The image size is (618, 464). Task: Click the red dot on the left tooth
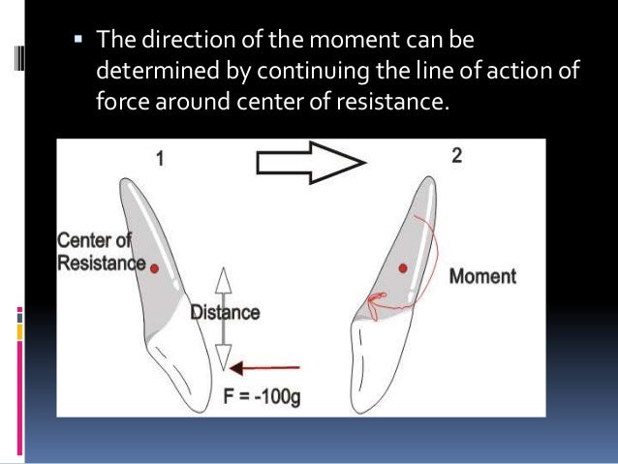point(154,266)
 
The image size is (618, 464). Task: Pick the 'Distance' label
point(225,312)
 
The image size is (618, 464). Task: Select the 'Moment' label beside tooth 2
point(482,276)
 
